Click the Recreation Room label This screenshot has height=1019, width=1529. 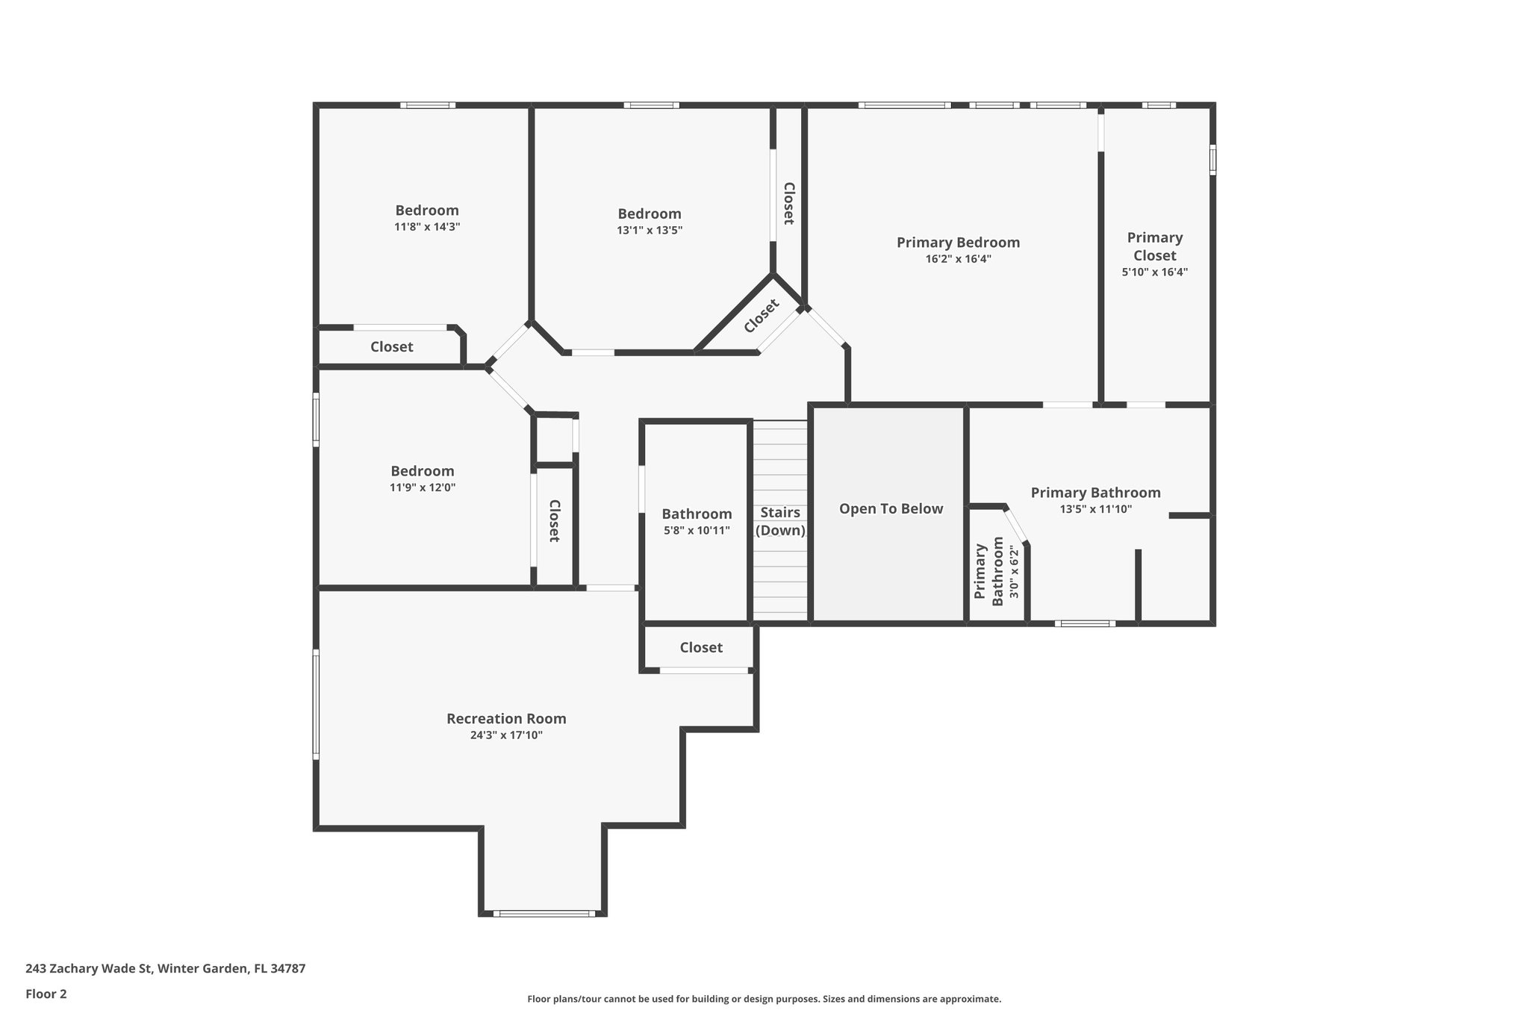(x=506, y=718)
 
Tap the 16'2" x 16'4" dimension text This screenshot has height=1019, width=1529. (x=958, y=259)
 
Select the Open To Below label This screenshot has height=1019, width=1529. (x=891, y=508)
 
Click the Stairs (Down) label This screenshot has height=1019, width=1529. (x=780, y=521)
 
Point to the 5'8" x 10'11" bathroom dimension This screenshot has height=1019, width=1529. (x=697, y=531)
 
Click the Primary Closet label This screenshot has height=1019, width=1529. (x=1154, y=246)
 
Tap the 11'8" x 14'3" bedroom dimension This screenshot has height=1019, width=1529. (x=427, y=227)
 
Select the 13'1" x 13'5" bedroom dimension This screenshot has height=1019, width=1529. (x=650, y=231)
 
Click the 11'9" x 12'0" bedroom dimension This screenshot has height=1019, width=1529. (x=423, y=487)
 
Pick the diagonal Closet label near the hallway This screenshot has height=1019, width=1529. (x=762, y=316)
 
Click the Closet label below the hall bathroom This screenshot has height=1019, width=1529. (x=701, y=647)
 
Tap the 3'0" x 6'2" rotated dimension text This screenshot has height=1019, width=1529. (x=1014, y=573)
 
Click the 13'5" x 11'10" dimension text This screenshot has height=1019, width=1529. (x=1095, y=509)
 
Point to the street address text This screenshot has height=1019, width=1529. (x=165, y=968)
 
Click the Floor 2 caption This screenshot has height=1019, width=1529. (x=46, y=994)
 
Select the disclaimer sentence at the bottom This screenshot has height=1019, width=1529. (x=764, y=999)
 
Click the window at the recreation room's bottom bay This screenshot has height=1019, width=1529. (x=544, y=913)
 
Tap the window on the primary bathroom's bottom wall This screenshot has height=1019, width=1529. (x=1085, y=623)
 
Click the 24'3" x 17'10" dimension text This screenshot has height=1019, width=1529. (x=506, y=735)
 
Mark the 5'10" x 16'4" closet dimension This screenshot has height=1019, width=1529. (x=1154, y=272)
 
